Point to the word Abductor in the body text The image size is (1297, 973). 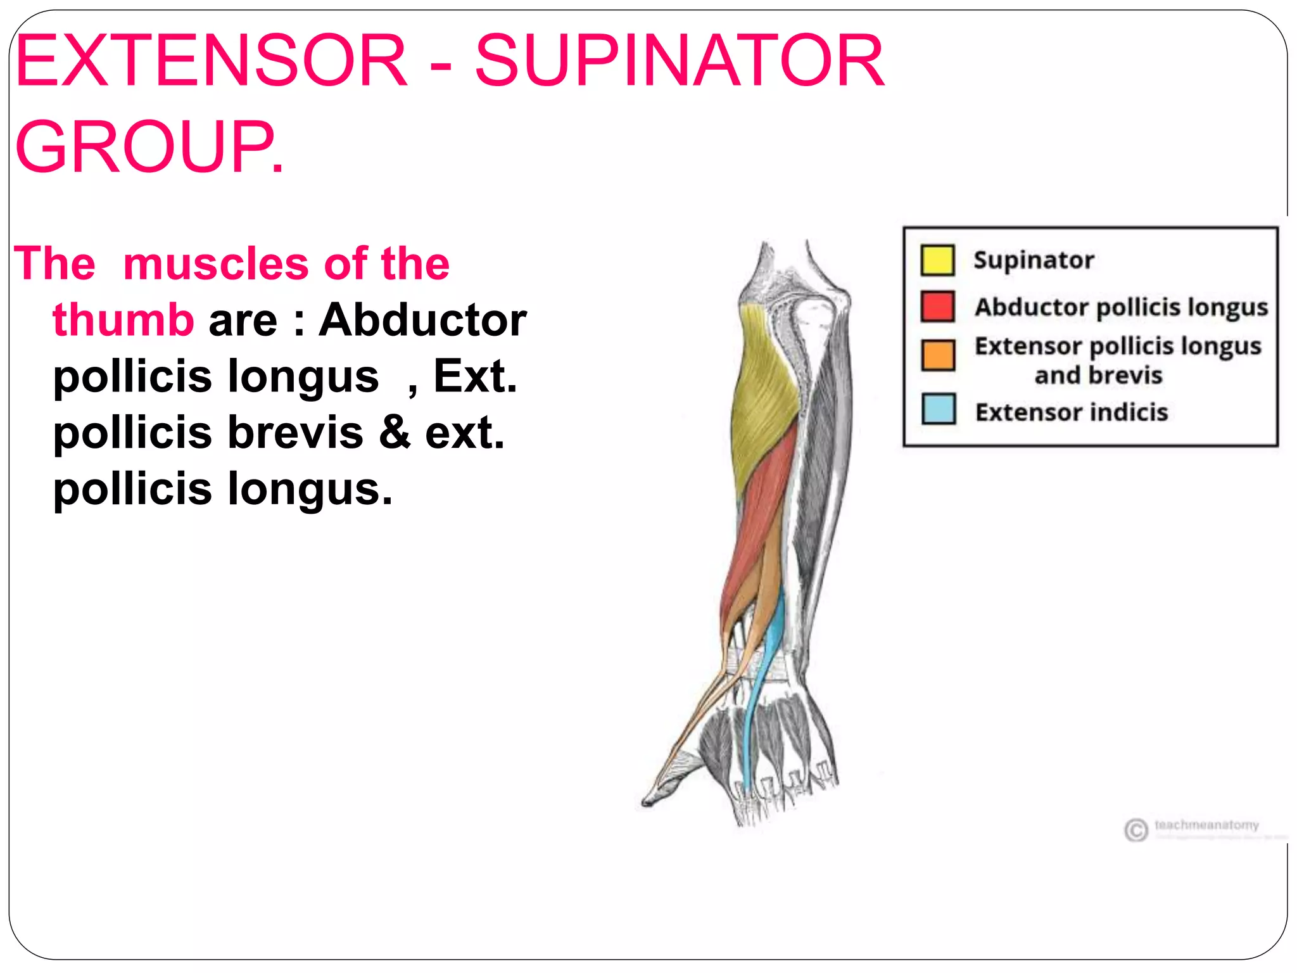(x=422, y=320)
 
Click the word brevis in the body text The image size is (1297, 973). (x=295, y=433)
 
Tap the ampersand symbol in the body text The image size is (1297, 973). (x=395, y=433)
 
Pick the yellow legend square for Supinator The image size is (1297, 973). (x=938, y=260)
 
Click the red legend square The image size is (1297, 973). (x=938, y=307)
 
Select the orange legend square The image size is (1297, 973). (x=938, y=355)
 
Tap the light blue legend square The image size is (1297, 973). (x=938, y=409)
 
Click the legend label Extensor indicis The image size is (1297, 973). (x=1072, y=412)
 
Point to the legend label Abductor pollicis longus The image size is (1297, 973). (x=1121, y=307)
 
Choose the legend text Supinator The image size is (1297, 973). (x=1034, y=260)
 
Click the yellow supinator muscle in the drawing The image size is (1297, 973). (x=763, y=393)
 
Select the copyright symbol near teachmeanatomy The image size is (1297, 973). (x=1136, y=830)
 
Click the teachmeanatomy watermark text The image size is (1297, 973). (x=1206, y=825)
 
